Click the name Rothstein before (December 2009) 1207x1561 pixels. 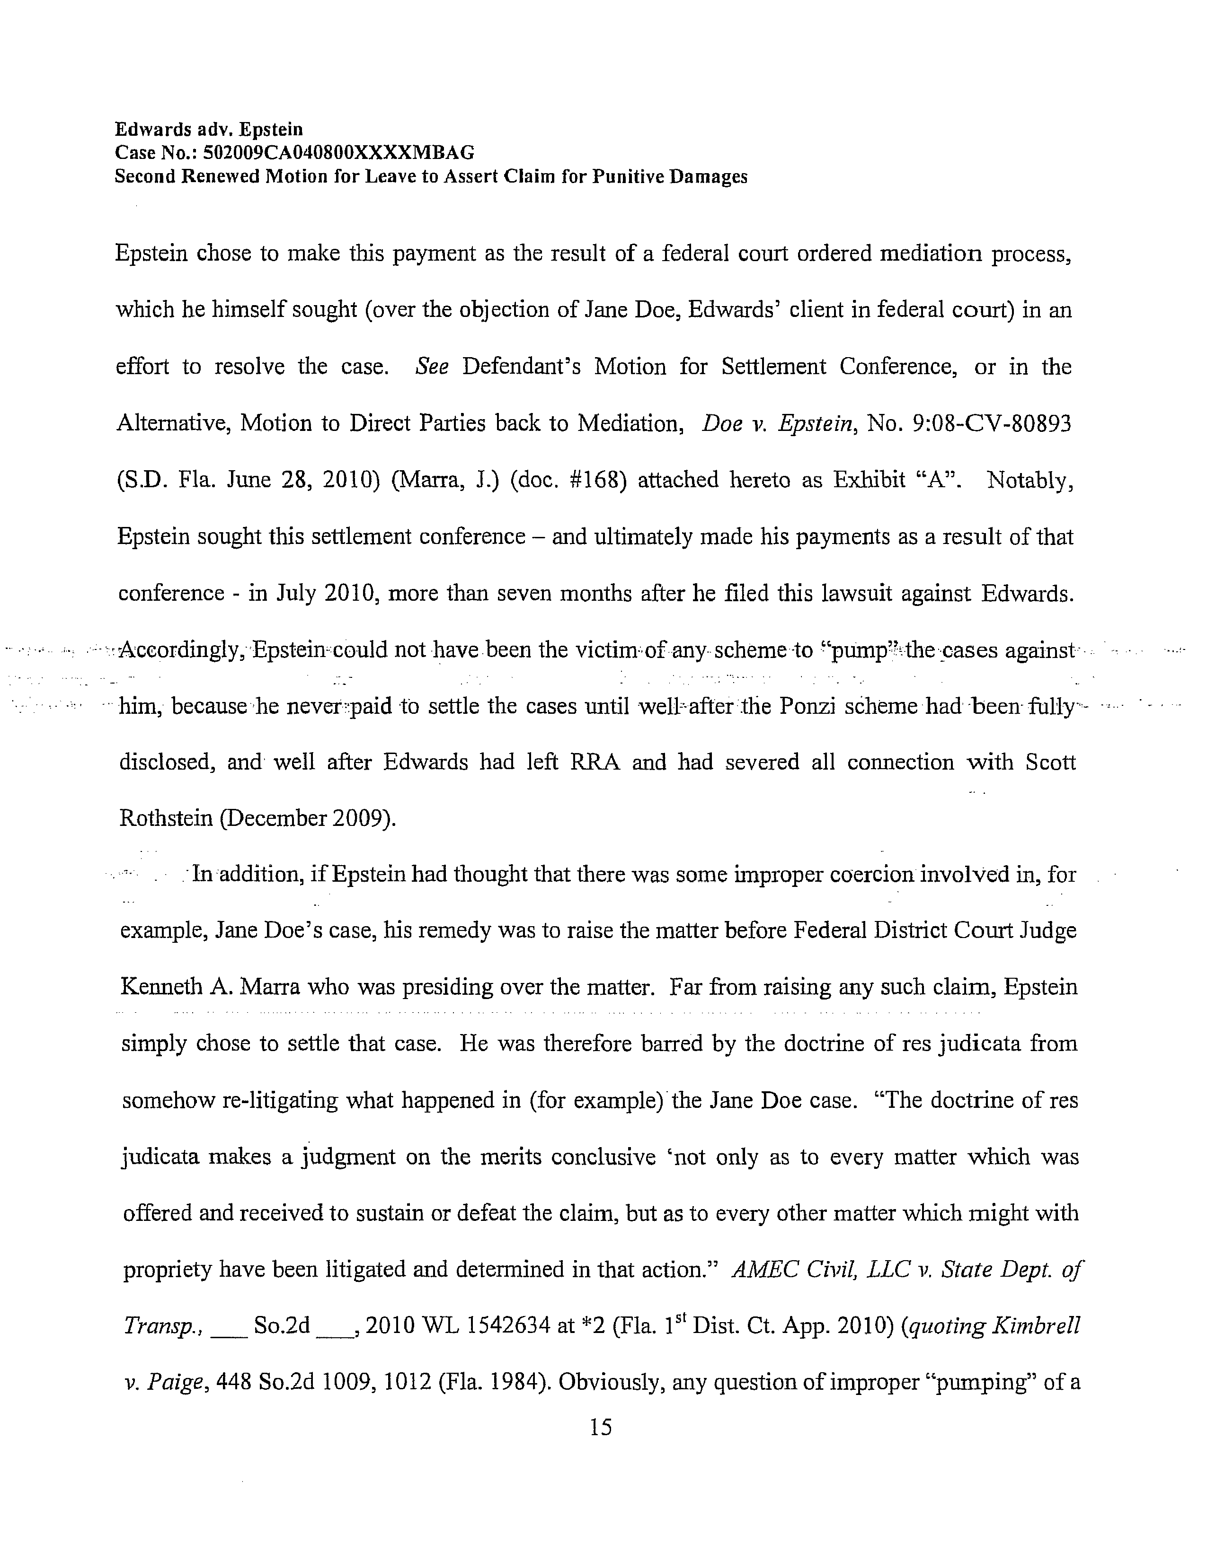click(x=166, y=818)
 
